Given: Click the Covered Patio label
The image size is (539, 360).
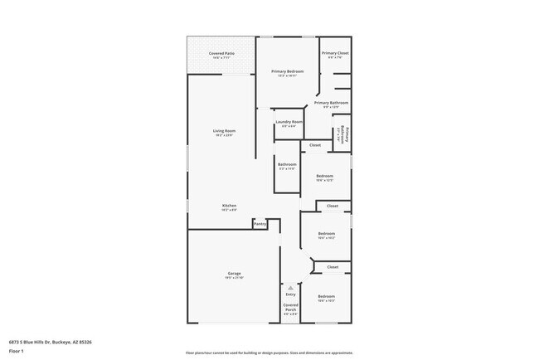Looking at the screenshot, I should pos(221,52).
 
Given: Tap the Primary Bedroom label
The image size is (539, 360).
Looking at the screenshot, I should pos(288,71).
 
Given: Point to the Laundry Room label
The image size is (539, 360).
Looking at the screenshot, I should pos(289,122).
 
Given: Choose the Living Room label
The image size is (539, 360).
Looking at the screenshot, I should pos(224,130).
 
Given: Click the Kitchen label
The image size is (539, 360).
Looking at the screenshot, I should pos(229,205).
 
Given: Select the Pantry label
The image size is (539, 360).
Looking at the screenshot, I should pos(260,223).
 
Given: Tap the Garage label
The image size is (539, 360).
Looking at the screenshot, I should pos(235,273).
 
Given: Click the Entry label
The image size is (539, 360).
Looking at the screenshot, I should pos(290,294).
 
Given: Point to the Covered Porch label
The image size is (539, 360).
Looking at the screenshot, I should pos(290,307).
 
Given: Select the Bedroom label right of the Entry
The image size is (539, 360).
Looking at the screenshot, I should pos(325,296).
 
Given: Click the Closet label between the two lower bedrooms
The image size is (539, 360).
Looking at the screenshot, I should pos(332,267).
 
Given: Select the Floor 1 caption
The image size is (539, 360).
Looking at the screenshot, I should pos(17,350).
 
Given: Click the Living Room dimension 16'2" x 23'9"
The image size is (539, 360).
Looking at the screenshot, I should pos(224,135).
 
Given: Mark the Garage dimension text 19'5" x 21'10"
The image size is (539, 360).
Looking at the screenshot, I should pos(235,278).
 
